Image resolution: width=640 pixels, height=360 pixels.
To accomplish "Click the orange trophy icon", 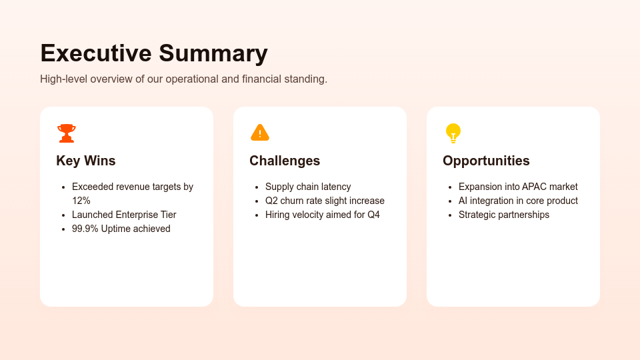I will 67,133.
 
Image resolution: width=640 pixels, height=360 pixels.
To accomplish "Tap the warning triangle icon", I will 260,133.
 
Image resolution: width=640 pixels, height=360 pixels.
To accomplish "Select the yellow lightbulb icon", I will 453,133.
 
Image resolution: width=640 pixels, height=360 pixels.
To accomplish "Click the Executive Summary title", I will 154,53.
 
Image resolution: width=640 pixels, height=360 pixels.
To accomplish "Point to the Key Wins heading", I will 86,161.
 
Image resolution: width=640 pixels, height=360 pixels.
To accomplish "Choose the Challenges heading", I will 285,161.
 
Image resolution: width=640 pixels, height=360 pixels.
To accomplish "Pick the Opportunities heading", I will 486,161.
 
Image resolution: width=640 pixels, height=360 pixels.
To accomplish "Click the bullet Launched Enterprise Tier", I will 124,215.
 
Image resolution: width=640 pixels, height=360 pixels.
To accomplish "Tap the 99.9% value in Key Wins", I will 85,229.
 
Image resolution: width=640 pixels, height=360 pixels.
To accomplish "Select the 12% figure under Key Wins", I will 81,201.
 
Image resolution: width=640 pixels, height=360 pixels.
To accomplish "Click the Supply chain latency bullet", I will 308,187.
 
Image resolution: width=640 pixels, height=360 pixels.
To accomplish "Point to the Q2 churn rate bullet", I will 325,201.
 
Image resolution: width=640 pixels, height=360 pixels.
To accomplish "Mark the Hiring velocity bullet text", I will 323,215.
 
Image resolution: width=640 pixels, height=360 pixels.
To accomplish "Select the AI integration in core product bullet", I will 518,201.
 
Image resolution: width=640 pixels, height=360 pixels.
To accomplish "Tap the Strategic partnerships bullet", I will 504,215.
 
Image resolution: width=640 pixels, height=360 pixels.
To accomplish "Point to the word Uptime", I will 117,229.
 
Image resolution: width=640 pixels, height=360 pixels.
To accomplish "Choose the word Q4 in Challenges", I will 373,215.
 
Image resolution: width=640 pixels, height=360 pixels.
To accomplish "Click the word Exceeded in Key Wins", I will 93,187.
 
